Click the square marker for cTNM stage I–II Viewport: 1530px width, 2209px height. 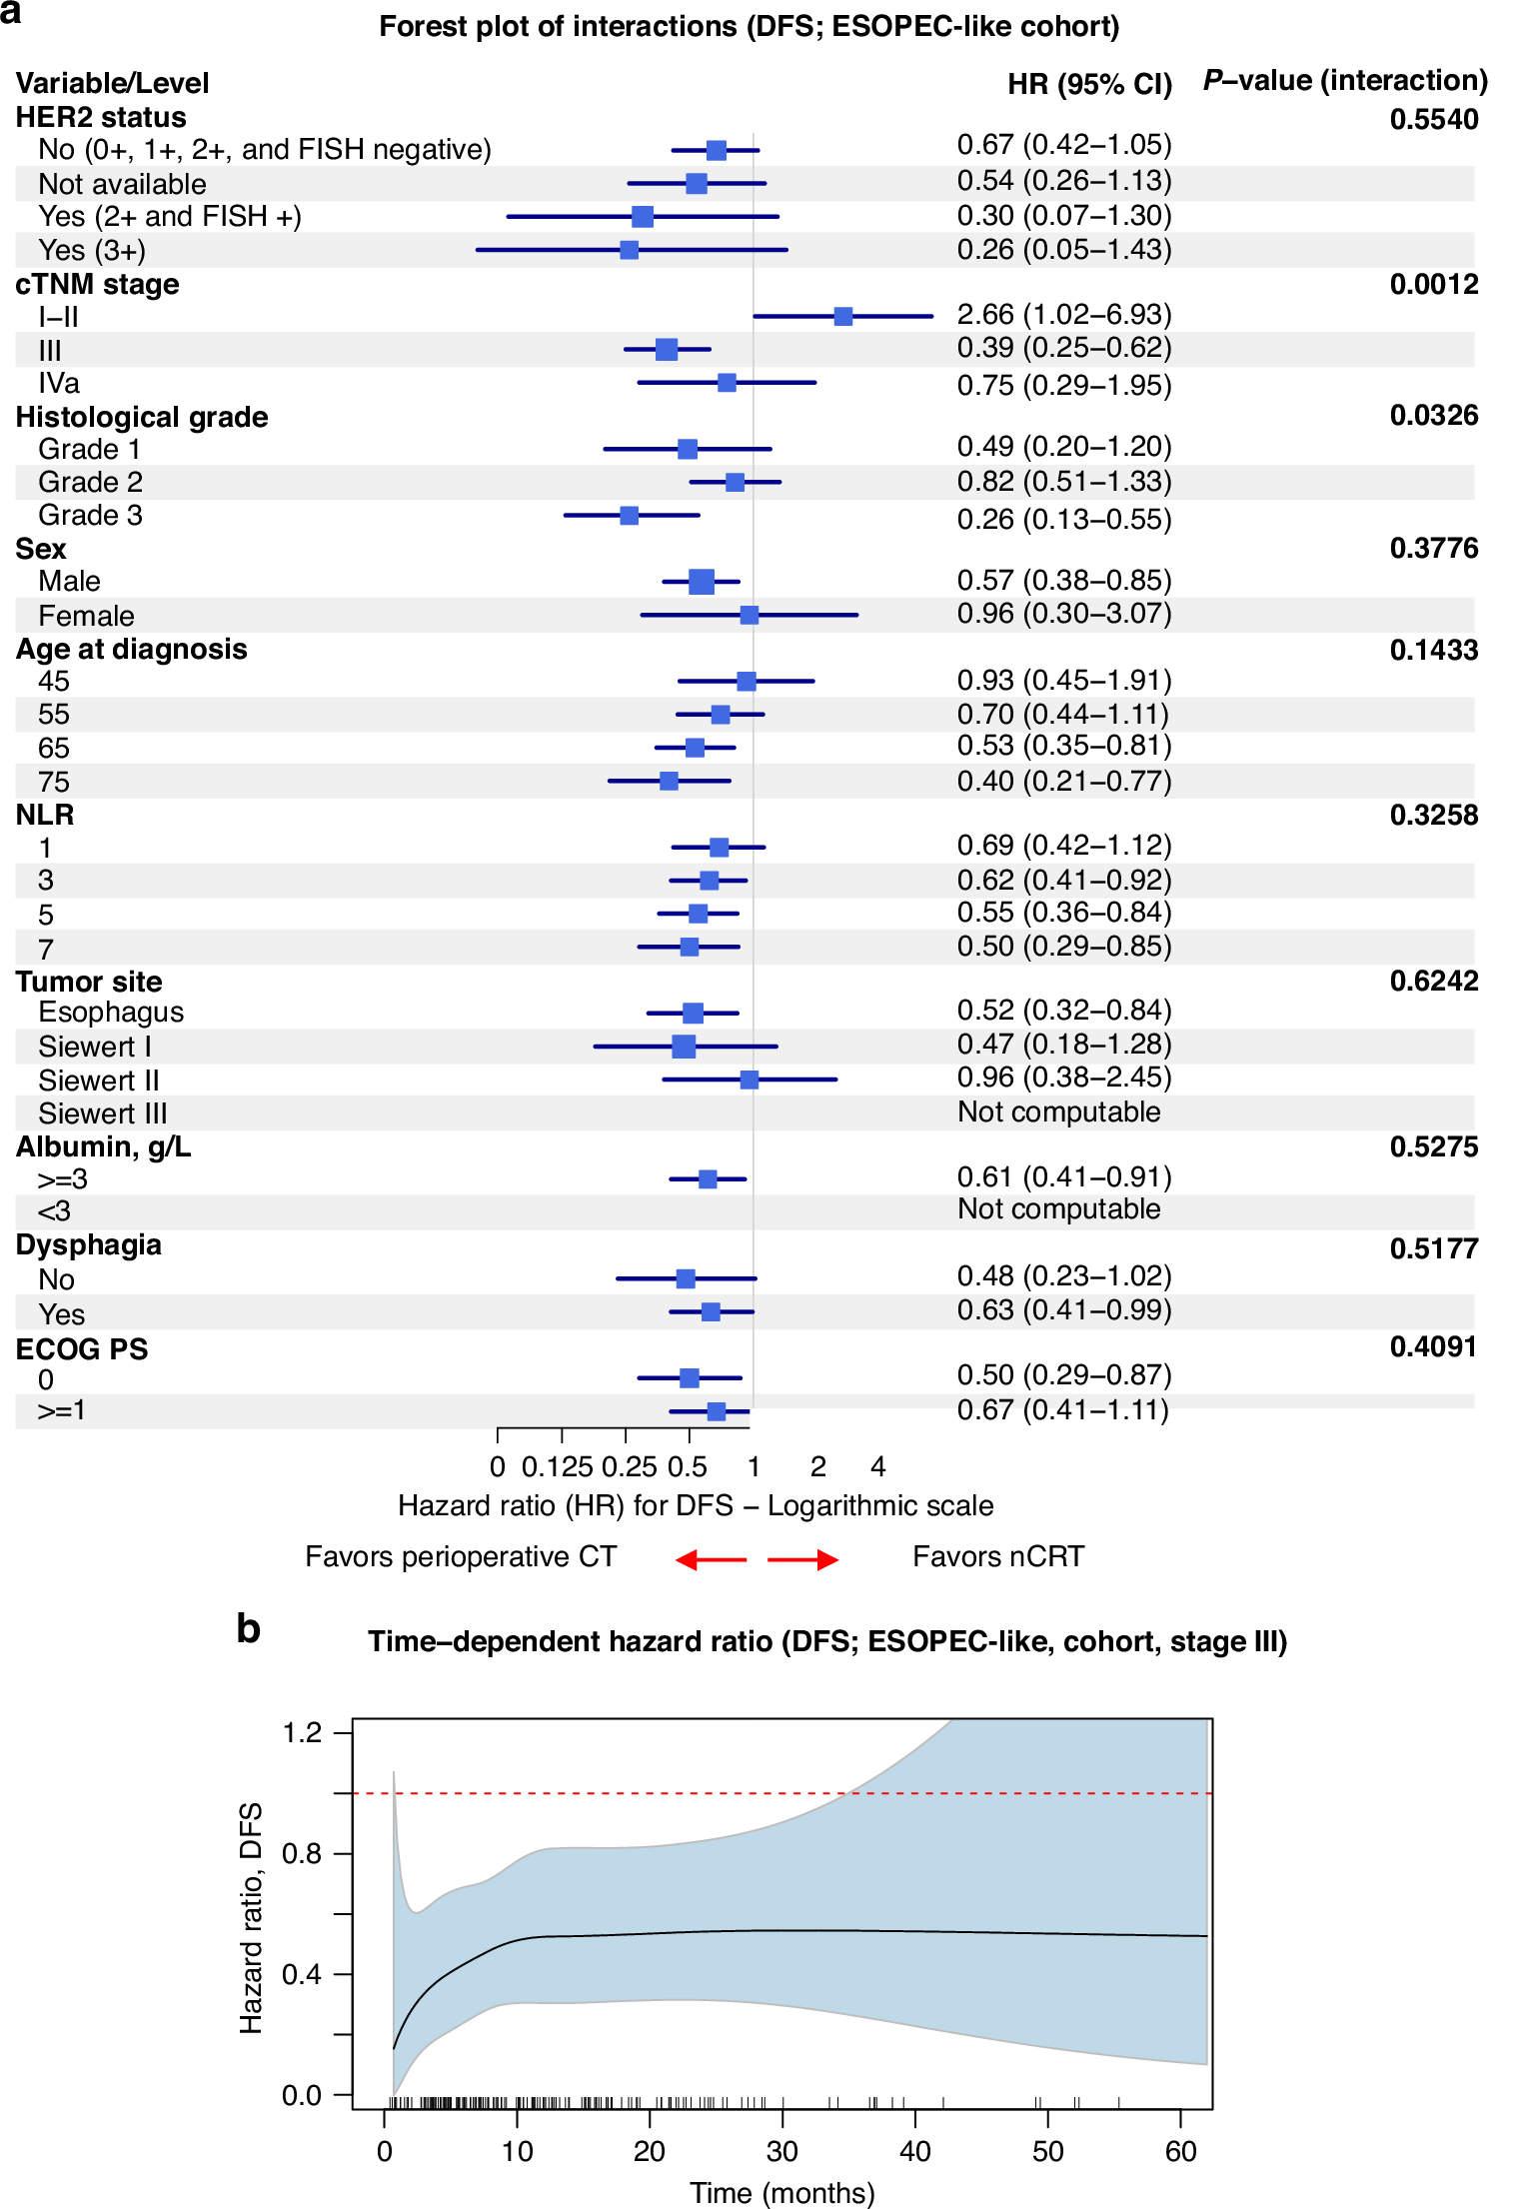842,316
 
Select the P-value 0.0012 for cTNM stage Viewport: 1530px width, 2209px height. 1433,284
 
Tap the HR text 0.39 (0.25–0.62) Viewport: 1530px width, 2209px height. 1063,348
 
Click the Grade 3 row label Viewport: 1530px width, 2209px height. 90,516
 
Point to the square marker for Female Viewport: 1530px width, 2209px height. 749,615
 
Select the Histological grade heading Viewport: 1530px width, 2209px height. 142,417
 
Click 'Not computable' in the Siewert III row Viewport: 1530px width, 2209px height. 1058,1111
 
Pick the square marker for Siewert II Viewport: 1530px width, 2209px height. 749,1080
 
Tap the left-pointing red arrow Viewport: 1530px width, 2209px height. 711,1559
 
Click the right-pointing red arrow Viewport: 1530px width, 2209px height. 803,1559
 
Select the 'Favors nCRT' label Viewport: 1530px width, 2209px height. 997,1556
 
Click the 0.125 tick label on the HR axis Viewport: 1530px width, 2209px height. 557,1466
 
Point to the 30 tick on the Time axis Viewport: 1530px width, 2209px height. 781,2150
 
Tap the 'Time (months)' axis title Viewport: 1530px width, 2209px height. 781,2193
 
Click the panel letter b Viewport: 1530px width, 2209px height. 248,1629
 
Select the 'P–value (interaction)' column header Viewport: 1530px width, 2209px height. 1345,80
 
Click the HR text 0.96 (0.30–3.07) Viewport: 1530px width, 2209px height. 1063,613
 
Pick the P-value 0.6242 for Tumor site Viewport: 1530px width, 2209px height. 1433,981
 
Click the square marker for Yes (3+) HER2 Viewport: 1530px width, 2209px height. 629,249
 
